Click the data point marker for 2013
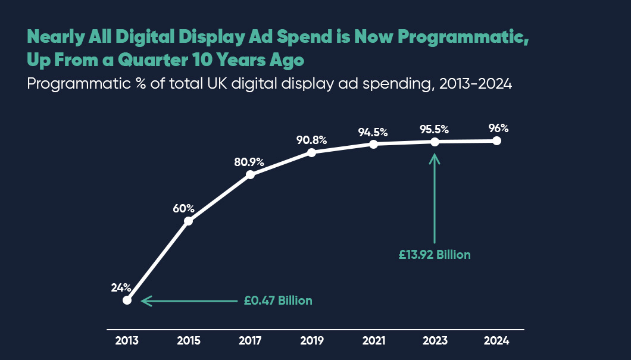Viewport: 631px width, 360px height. [127, 300]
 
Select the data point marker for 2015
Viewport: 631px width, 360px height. [188, 221]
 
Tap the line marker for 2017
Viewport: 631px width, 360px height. [250, 174]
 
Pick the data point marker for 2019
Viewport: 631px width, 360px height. [311, 152]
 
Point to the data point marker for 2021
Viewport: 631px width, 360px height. [373, 144]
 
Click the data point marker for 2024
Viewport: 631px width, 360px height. [497, 141]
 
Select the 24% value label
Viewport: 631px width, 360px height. [121, 287]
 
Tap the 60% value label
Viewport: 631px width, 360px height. [184, 208]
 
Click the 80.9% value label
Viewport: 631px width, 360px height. [248, 161]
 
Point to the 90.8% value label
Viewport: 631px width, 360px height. [311, 140]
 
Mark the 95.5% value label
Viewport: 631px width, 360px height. [433, 129]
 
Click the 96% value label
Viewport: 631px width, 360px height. [498, 128]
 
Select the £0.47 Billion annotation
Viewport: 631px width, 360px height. [278, 300]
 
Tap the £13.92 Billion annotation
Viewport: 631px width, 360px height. [435, 255]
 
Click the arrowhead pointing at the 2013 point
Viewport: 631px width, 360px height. [145, 301]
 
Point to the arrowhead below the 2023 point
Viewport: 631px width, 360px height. [435, 158]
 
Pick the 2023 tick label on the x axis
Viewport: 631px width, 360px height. [435, 341]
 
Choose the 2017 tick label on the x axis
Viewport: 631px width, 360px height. [250, 341]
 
